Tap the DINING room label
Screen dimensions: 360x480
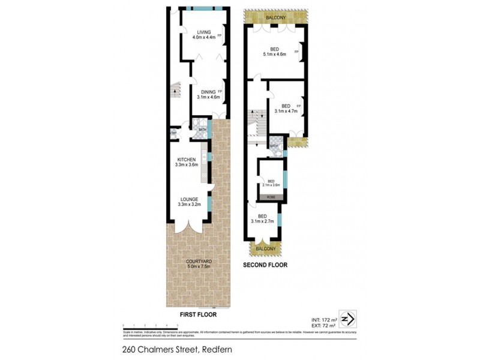point(208,92)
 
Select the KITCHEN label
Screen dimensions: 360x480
point(187,159)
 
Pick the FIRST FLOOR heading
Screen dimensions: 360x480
point(197,314)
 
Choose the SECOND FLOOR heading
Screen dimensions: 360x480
point(266,265)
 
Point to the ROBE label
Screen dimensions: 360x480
point(271,197)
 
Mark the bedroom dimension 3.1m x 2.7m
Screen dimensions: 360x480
point(262,221)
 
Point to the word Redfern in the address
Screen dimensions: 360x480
point(214,349)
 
